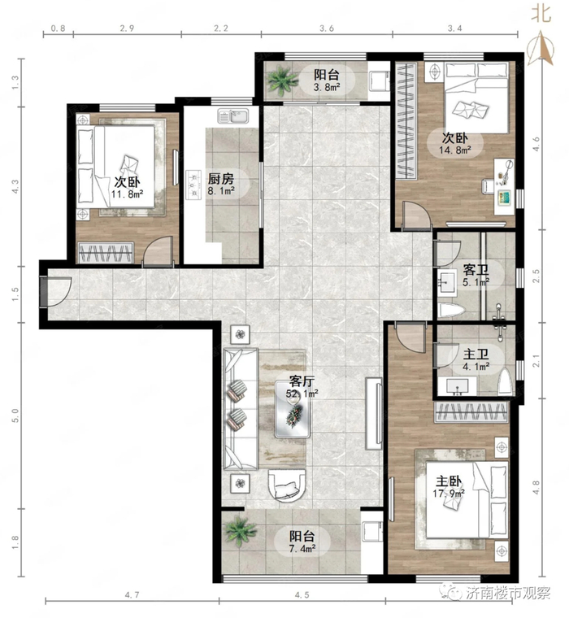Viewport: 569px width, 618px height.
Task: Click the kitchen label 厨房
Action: coord(220,180)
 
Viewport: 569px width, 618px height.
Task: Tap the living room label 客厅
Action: coord(302,381)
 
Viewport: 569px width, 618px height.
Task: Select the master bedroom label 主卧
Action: coord(449,481)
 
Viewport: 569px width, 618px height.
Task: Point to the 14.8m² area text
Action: coord(455,150)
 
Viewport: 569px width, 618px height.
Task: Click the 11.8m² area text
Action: coord(127,194)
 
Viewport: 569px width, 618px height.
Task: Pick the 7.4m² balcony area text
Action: coord(302,548)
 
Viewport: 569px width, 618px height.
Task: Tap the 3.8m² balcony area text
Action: coord(327,88)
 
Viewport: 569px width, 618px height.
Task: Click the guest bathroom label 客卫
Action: coord(476,270)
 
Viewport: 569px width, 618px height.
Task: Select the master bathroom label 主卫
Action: coord(476,355)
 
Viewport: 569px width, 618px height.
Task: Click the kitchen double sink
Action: coord(232,116)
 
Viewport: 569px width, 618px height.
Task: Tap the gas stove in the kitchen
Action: coord(193,183)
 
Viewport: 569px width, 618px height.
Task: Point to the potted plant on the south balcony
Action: coord(241,531)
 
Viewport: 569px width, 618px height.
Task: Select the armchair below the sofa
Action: coord(286,485)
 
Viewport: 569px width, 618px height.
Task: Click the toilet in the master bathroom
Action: coord(504,381)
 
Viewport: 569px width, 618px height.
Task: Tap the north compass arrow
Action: coord(541,50)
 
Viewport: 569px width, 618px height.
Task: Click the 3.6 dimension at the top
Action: coord(327,28)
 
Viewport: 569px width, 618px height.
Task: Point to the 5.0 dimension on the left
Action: coord(15,416)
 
